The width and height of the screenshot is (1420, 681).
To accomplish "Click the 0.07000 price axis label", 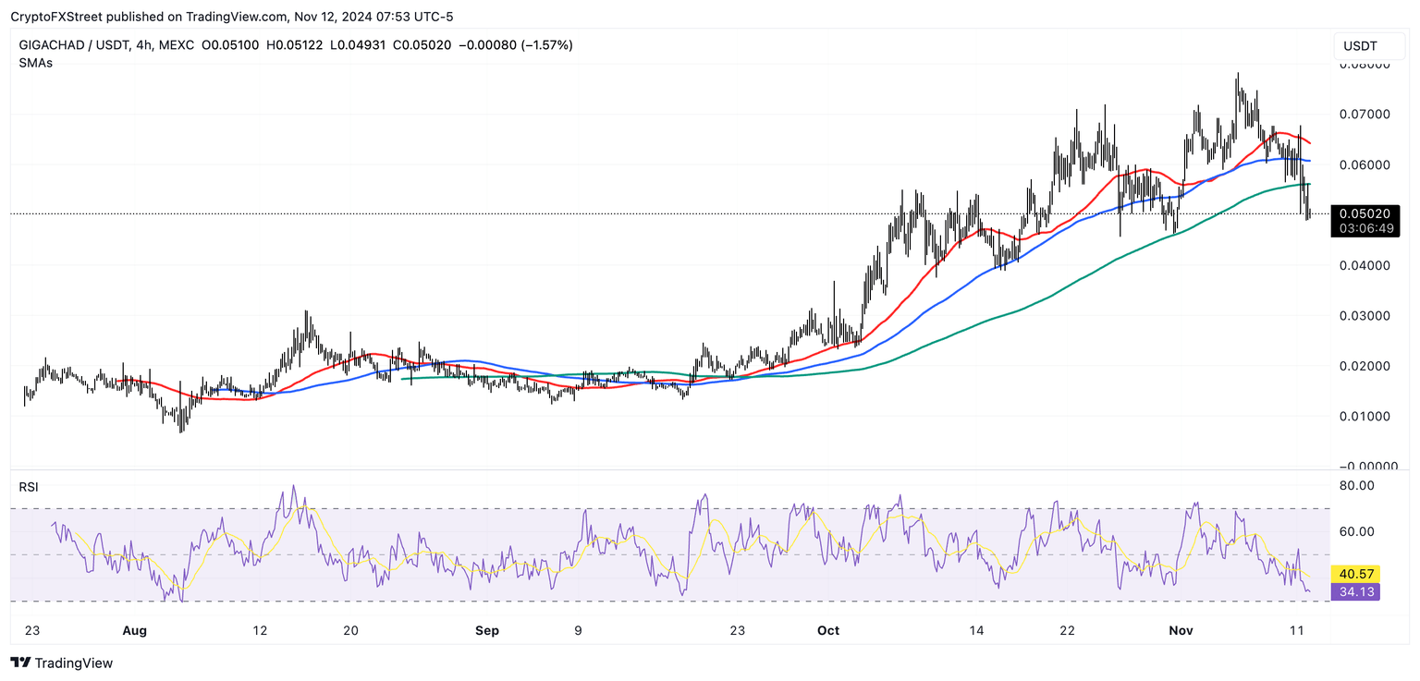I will pos(1365,115).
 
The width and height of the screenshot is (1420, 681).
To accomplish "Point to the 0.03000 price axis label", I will pos(1365,316).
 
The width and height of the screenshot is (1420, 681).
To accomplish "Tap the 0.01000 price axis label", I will pos(1365,416).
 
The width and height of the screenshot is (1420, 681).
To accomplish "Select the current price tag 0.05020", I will pos(1365,213).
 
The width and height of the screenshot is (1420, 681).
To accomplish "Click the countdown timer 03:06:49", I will pos(1365,228).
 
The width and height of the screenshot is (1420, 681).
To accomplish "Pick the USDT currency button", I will pos(1360,46).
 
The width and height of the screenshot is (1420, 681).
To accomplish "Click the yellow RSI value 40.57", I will pos(1354,574).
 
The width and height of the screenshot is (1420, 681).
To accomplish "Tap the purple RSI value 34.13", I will pos(1354,592).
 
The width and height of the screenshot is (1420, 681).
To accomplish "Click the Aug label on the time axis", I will pos(135,631).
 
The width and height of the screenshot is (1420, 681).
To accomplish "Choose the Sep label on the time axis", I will pos(486,631).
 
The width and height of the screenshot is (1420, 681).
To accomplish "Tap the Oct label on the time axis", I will pos(828,631).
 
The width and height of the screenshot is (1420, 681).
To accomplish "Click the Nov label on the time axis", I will pos(1181,631).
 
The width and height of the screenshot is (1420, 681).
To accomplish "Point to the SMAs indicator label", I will pos(35,63).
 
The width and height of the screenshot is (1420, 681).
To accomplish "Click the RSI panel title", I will pos(29,487).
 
